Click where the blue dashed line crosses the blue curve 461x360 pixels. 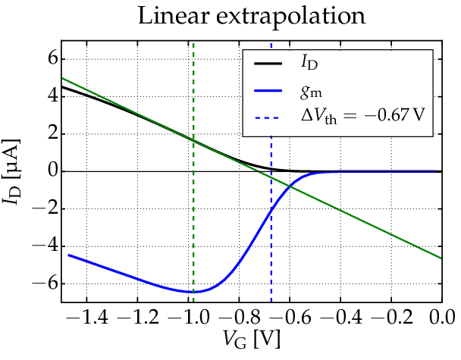tap(271, 209)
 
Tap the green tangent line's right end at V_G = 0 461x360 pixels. tap(441, 258)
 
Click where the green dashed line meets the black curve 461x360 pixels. tap(193, 140)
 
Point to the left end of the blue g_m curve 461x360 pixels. tap(69, 255)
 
